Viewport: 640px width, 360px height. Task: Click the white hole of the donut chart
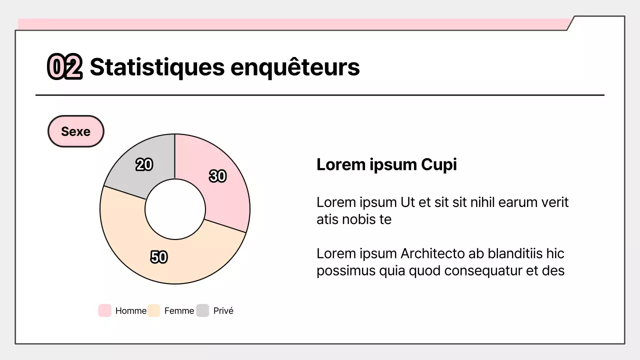(175, 209)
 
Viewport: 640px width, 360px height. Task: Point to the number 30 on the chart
(217, 176)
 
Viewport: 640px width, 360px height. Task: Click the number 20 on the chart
(144, 164)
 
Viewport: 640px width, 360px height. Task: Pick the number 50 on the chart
(159, 257)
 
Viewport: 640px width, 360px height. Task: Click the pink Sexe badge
(76, 131)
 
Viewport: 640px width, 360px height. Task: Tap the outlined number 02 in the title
(64, 67)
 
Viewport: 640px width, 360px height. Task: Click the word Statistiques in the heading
(157, 67)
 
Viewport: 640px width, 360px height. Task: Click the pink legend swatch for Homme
(104, 310)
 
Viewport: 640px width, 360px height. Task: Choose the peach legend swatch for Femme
(154, 310)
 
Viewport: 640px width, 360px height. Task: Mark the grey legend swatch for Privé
(202, 310)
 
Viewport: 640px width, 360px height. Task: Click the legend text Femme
(179, 311)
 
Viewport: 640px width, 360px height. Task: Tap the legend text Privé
(223, 311)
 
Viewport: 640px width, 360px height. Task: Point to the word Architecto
(432, 254)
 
